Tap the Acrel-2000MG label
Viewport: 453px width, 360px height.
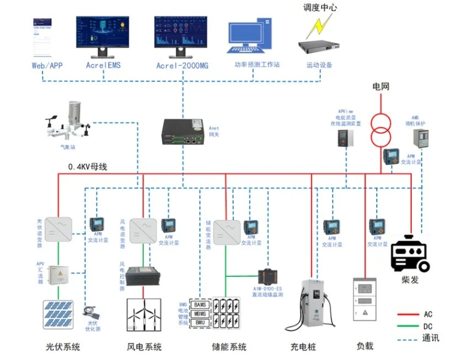click(x=182, y=66)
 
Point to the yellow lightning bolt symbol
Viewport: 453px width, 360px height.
click(x=319, y=27)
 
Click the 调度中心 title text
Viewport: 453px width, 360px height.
click(x=320, y=8)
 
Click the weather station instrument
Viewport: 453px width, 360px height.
click(x=69, y=122)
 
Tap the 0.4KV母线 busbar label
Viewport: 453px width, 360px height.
click(x=87, y=166)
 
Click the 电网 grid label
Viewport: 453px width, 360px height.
click(x=381, y=87)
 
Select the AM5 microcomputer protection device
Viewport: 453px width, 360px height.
click(x=420, y=138)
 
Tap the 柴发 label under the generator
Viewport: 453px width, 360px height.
click(x=410, y=280)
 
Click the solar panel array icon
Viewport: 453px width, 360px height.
click(x=60, y=315)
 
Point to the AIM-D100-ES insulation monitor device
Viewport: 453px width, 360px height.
click(x=267, y=276)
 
